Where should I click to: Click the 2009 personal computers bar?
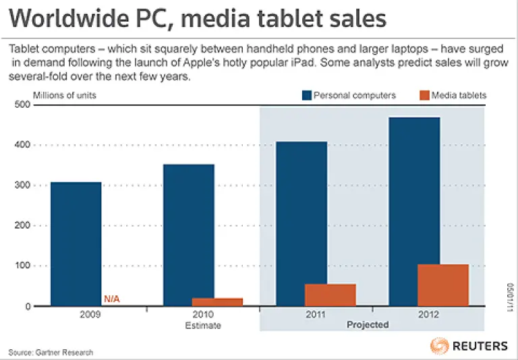tap(76, 244)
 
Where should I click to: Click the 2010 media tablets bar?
tap(217, 302)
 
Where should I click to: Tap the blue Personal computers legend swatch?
tap(307, 95)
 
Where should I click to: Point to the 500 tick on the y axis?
tap(23, 105)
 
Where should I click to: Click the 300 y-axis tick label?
tap(23, 185)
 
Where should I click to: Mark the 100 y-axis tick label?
tap(23, 266)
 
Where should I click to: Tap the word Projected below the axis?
tap(368, 325)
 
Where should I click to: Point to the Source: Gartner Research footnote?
tap(51, 352)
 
